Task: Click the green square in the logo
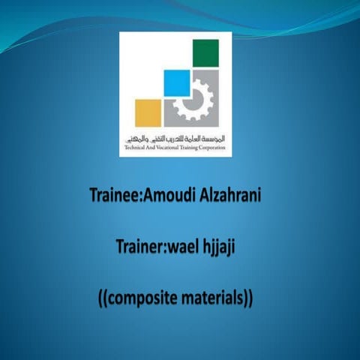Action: coord(205,52)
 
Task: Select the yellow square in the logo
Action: coord(148,112)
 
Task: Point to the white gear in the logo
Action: coord(193,99)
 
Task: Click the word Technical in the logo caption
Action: coord(136,148)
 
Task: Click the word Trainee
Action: coord(113,197)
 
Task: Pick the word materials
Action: coord(212,298)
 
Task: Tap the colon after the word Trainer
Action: coord(168,247)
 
